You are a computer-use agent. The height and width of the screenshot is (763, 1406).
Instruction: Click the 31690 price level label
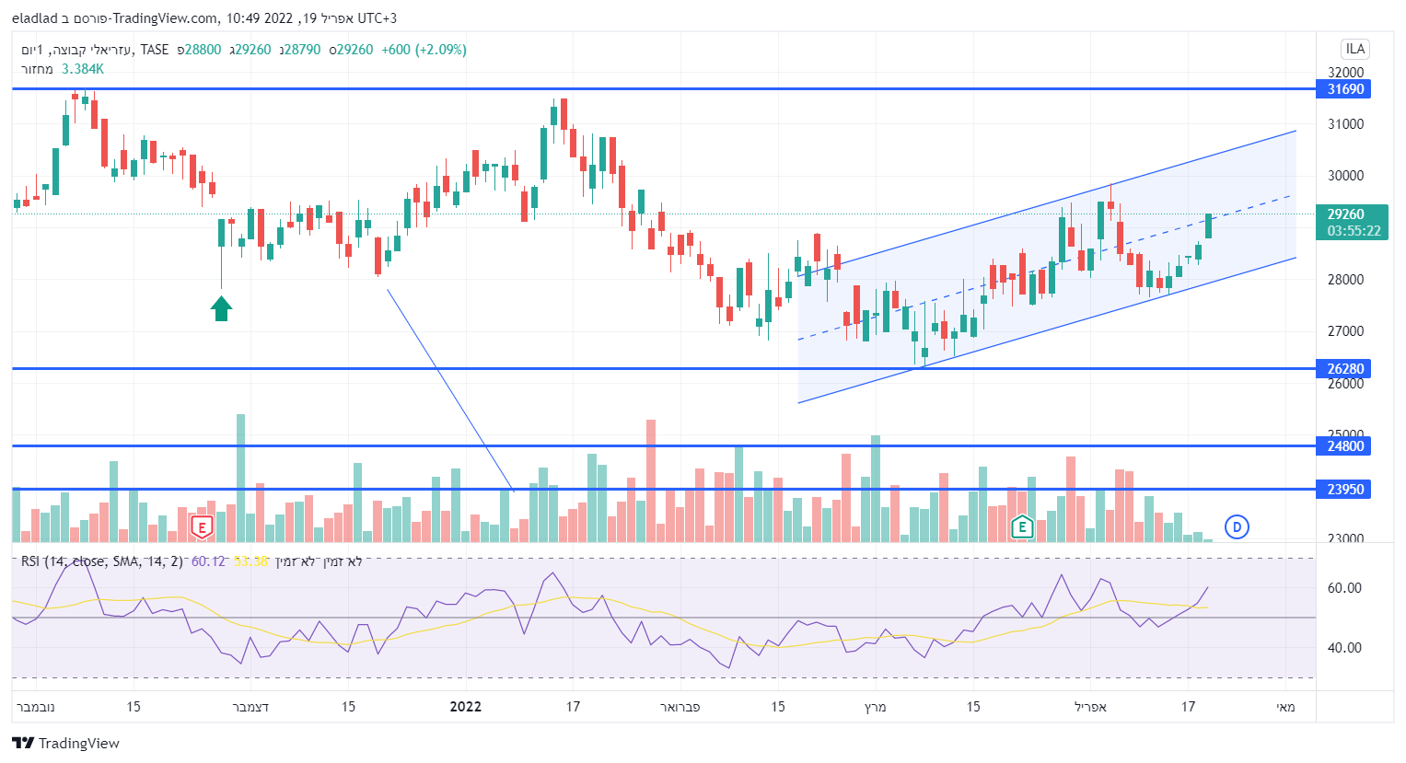tap(1344, 89)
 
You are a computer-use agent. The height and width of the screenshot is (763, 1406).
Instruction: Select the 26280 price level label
tap(1344, 369)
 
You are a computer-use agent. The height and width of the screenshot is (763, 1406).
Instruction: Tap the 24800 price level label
tap(1344, 446)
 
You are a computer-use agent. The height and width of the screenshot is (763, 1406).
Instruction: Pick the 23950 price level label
tap(1344, 490)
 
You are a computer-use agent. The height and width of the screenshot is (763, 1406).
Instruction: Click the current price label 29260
tap(1345, 214)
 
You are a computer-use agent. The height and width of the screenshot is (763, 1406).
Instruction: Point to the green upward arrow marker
tap(221, 308)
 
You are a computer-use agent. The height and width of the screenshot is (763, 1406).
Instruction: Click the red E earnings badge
tap(201, 527)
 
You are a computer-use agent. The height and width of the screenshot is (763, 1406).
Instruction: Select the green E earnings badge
tap(1021, 527)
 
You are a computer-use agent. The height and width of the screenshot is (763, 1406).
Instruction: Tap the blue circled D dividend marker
tap(1237, 527)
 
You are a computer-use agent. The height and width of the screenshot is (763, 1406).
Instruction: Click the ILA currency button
tap(1354, 49)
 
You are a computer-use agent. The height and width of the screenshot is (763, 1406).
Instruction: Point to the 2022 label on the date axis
tap(466, 707)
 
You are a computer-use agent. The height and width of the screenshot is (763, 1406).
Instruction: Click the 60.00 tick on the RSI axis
tap(1344, 588)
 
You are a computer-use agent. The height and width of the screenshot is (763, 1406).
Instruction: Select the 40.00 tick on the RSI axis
tap(1344, 648)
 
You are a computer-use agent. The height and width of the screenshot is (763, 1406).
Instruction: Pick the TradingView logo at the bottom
tap(66, 743)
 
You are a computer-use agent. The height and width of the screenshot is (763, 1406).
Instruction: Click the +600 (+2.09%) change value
tap(424, 50)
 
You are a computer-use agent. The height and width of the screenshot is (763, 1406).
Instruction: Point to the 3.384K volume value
tap(83, 69)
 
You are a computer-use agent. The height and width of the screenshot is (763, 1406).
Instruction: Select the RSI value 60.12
tap(208, 561)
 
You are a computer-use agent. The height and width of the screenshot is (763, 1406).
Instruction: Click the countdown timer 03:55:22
tap(1354, 231)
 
